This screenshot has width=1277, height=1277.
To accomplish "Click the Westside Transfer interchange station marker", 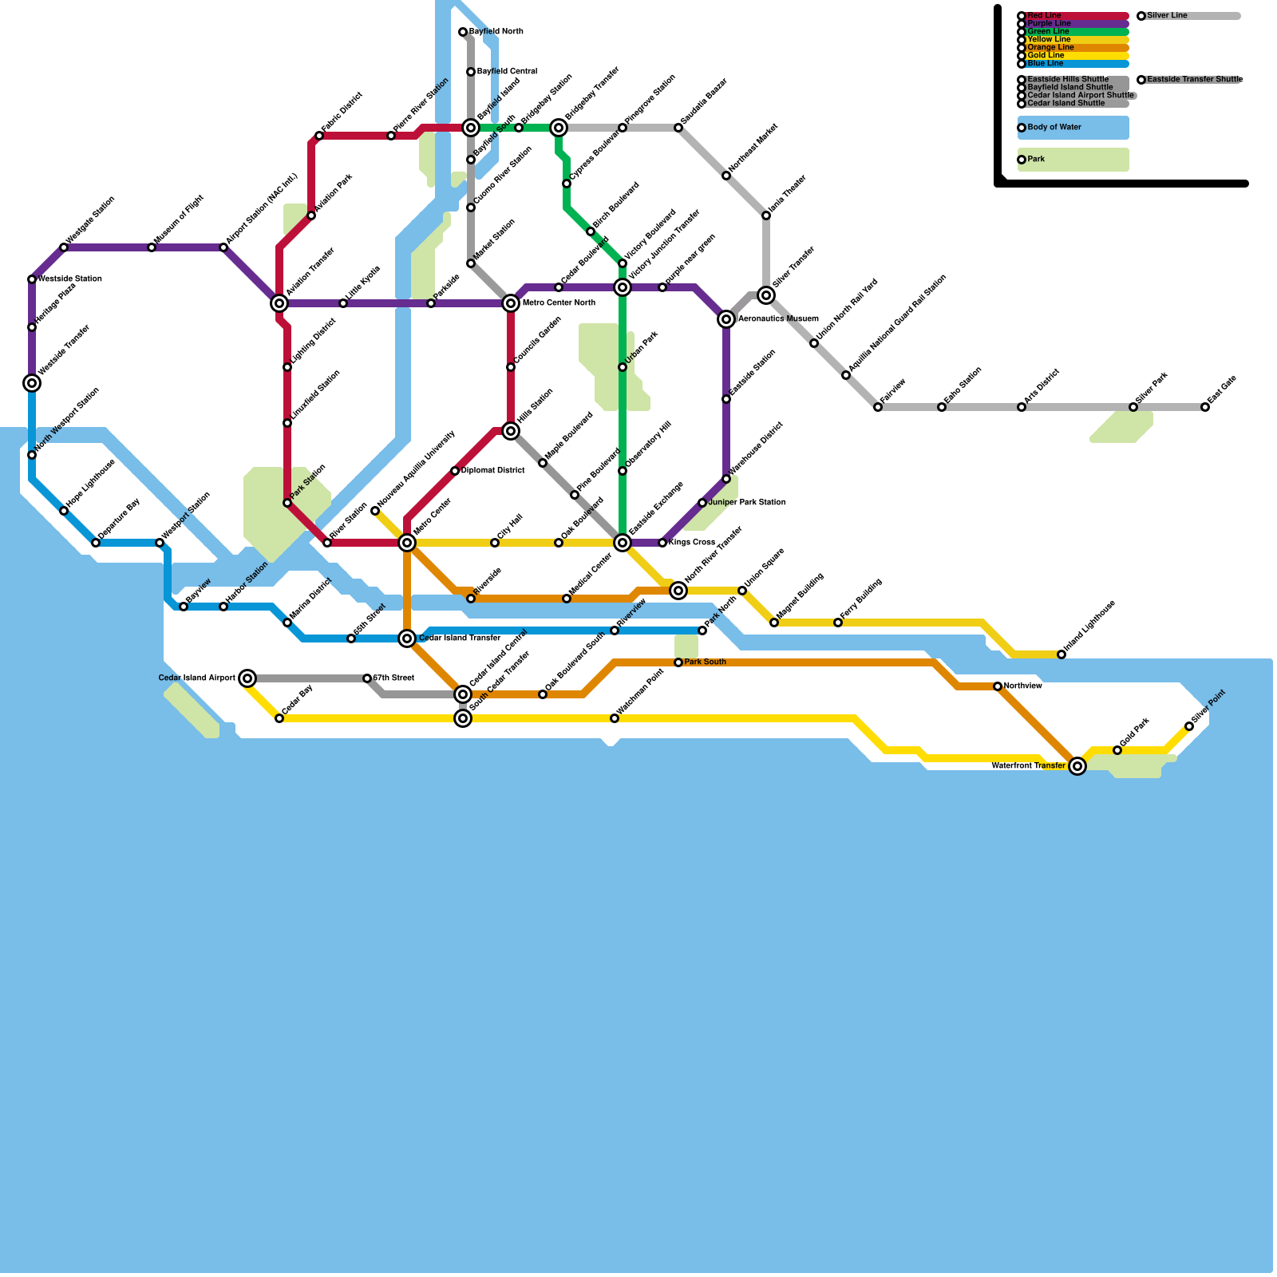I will pos(32,383).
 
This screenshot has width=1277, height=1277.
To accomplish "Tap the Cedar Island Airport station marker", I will pos(247,678).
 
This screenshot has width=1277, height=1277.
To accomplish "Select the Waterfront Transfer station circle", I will pos(1077,766).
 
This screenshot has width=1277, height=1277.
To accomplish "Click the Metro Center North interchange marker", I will pos(511,303).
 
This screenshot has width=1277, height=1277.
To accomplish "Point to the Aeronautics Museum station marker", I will pos(726,319).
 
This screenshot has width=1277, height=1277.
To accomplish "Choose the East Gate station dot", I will pos(1205,407).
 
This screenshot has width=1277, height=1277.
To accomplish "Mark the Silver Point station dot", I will pos(1189,726).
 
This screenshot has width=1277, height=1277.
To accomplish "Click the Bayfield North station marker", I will pos(463,32).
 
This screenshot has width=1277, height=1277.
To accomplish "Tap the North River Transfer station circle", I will pos(678,591).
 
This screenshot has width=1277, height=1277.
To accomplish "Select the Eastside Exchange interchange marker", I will pos(623,543).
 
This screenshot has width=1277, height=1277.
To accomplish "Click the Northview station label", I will pos(1022,686).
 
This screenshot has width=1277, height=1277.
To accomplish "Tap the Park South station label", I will pos(705,662).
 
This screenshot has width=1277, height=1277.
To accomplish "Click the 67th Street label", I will pos(393,678).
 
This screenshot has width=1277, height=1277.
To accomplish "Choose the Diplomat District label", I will pos(492,471).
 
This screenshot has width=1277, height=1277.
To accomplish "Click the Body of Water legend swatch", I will pos(1073,128).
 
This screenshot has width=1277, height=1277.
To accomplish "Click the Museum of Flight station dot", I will pos(152,247).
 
